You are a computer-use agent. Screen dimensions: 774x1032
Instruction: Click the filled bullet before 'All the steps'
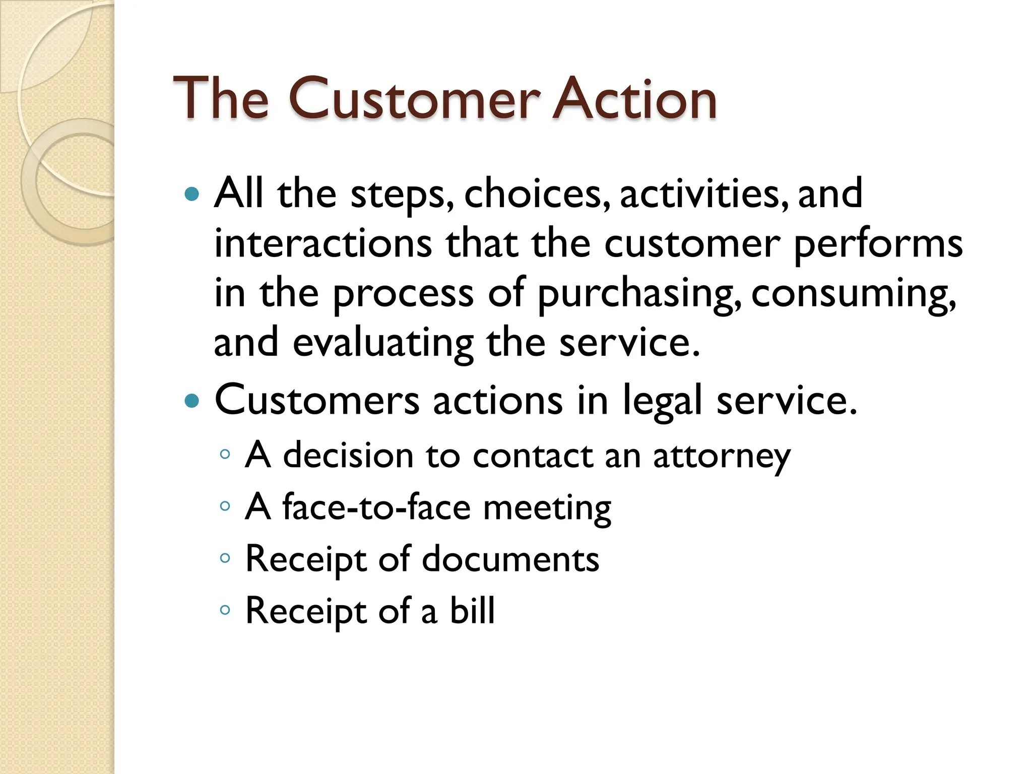pos(192,194)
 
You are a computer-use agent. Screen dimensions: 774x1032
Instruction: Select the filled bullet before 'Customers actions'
pos(192,401)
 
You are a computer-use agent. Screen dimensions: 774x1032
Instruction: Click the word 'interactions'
pos(323,244)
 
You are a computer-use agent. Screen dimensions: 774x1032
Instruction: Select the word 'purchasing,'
pos(639,294)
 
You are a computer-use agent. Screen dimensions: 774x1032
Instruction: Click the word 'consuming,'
pos(854,294)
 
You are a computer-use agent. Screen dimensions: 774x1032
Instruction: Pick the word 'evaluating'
pos(383,343)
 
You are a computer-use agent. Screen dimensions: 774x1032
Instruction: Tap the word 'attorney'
pos(722,457)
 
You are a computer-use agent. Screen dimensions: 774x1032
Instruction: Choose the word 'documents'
pos(510,559)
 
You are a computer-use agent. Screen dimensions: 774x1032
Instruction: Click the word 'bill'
pos(472,611)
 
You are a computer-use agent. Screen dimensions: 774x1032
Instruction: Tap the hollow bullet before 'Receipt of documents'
pos(225,558)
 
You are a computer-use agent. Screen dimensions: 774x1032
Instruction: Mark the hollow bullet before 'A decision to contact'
pos(225,455)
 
